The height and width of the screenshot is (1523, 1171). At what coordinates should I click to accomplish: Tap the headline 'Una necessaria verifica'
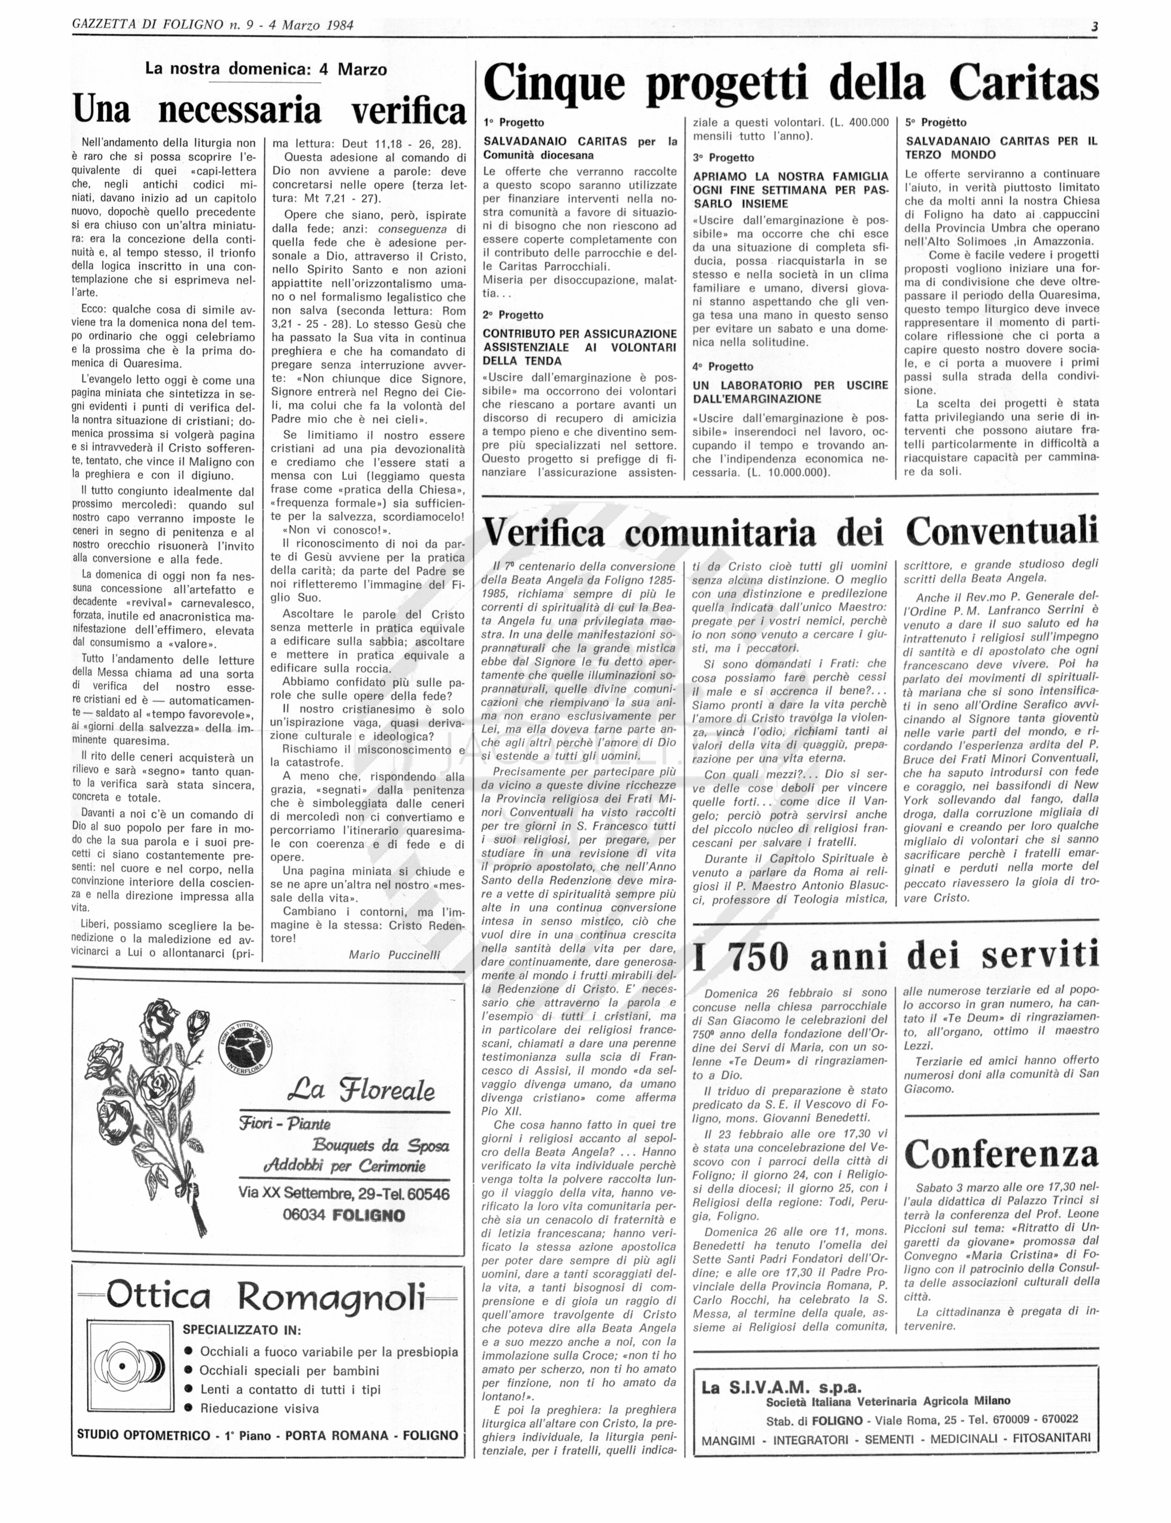click(269, 110)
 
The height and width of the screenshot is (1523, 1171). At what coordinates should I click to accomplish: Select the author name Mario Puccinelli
click(394, 955)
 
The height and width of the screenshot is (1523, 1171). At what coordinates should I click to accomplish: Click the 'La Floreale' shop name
click(360, 1090)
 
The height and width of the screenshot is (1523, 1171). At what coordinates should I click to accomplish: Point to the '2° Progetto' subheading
click(513, 315)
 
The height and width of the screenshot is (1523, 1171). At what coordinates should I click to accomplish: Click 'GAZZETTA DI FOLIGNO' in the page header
click(147, 25)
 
